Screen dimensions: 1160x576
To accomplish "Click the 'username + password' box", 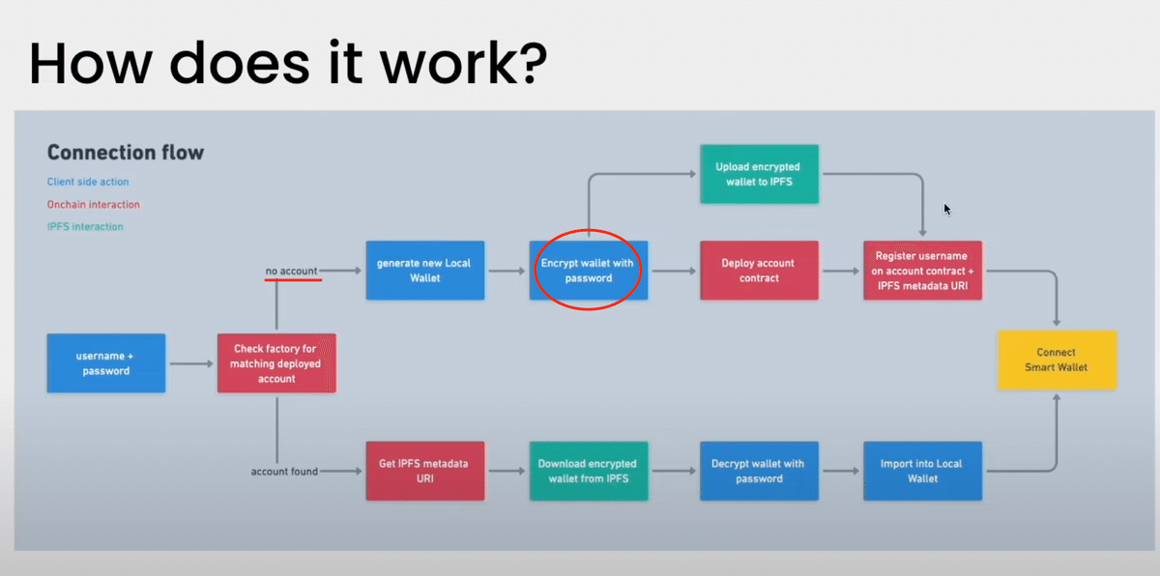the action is click(106, 363).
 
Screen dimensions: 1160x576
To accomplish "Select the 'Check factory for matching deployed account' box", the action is click(276, 363).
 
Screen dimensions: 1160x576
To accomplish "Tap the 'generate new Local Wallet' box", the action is click(425, 271).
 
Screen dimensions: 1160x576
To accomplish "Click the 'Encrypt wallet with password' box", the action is click(589, 271).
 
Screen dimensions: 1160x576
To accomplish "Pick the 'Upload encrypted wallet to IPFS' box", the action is click(759, 174).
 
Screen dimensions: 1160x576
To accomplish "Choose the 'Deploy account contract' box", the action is click(759, 271).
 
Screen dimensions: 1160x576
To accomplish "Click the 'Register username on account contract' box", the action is click(922, 271).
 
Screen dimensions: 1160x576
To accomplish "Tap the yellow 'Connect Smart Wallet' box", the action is click(1058, 360).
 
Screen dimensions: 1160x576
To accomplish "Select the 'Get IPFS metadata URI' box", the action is click(425, 471).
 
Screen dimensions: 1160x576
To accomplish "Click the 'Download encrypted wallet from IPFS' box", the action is click(589, 471).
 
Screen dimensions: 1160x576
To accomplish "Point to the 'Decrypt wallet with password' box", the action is click(759, 471).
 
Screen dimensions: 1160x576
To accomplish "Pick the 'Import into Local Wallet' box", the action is click(922, 471).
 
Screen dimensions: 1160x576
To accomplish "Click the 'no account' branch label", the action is click(291, 271).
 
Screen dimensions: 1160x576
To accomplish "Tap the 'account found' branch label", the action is click(284, 472).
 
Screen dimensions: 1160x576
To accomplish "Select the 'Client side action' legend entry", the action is click(88, 182).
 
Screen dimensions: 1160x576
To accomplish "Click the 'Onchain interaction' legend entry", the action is click(93, 205).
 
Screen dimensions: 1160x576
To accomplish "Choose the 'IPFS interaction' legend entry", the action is click(85, 227).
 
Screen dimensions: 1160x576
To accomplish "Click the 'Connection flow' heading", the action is click(126, 153).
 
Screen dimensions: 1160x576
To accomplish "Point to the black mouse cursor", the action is click(946, 209).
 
